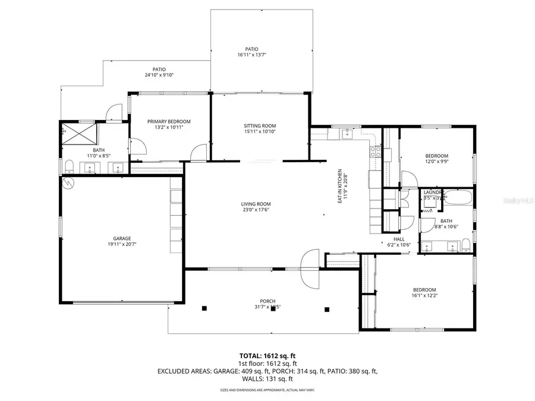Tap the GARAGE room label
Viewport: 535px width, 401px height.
[119, 238]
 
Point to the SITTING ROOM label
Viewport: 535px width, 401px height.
[260, 126]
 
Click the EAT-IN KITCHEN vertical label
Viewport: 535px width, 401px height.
[340, 187]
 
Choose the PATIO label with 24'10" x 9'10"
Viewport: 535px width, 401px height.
[158, 70]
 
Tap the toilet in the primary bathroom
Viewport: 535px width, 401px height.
[69, 166]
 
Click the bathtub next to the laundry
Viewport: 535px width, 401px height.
[458, 198]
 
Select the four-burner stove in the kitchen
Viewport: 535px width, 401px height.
[375, 152]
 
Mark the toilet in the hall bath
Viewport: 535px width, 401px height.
[466, 245]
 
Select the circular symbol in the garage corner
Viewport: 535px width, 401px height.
[69, 183]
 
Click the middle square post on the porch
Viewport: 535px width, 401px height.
[273, 309]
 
